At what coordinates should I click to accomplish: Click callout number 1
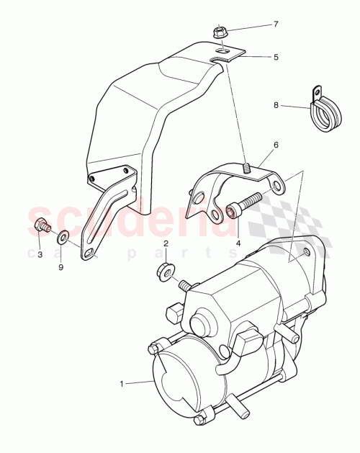click(122, 384)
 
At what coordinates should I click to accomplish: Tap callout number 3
click(40, 254)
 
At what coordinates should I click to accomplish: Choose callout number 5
click(276, 56)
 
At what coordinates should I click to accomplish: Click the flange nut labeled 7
click(219, 32)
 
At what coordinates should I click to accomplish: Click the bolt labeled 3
click(42, 227)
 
